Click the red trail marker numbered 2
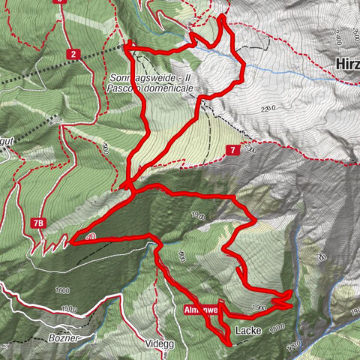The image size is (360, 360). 73,54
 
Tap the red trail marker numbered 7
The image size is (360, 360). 233,151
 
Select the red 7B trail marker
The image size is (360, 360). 39,223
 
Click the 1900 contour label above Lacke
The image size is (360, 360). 259,307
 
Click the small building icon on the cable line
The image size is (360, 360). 55,118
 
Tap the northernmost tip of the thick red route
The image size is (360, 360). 223,17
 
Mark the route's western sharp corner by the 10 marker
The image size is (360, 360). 73,241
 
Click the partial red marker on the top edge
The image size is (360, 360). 60,2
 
